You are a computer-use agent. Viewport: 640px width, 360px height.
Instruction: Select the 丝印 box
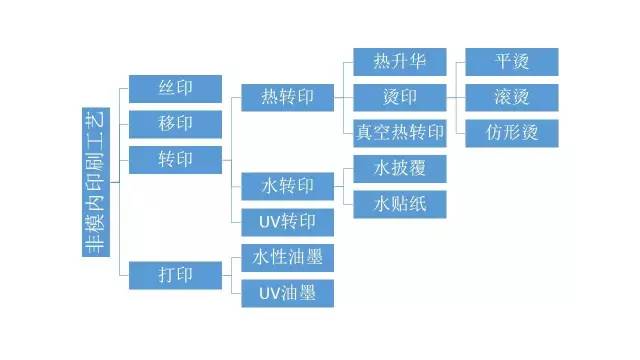(x=175, y=88)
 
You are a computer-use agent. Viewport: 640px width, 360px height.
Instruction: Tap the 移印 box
(x=175, y=123)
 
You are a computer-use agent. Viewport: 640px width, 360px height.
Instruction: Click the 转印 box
(x=175, y=159)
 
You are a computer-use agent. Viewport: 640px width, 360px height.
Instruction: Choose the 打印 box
(x=175, y=274)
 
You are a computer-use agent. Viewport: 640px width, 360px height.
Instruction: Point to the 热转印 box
(x=288, y=97)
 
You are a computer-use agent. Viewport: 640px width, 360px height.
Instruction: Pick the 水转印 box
(x=288, y=186)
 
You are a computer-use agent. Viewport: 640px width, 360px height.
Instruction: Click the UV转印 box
(x=288, y=221)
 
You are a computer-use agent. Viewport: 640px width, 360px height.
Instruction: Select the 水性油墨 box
(x=288, y=257)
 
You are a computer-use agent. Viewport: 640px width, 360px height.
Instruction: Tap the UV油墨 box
(x=288, y=293)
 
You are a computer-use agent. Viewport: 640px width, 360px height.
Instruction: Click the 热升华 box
(x=400, y=62)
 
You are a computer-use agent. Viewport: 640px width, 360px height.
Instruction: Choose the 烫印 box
(x=400, y=97)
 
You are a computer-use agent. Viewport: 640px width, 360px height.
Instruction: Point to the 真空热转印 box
(x=400, y=132)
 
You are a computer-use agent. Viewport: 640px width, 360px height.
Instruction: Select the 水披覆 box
(x=400, y=168)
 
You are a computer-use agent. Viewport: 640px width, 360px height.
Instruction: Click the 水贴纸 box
(x=400, y=204)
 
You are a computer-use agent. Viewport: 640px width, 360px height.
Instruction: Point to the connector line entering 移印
(x=124, y=123)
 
